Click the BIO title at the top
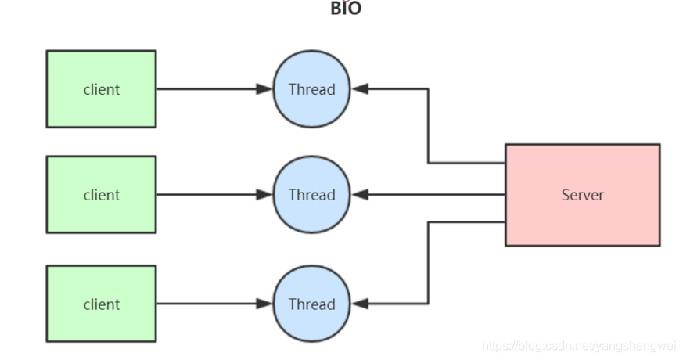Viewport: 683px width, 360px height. pos(346,9)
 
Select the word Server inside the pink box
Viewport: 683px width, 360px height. pos(582,195)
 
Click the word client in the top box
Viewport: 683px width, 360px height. pos(102,89)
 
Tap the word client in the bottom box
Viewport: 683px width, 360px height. pos(102,304)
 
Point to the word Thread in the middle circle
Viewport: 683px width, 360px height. pos(311,195)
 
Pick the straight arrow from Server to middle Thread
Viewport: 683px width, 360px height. pos(430,195)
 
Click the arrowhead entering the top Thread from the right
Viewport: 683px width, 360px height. pos(360,89)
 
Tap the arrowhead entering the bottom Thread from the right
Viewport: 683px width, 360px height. pos(360,304)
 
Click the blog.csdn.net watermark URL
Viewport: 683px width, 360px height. pos(579,346)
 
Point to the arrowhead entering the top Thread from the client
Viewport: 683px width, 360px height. pos(264,89)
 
